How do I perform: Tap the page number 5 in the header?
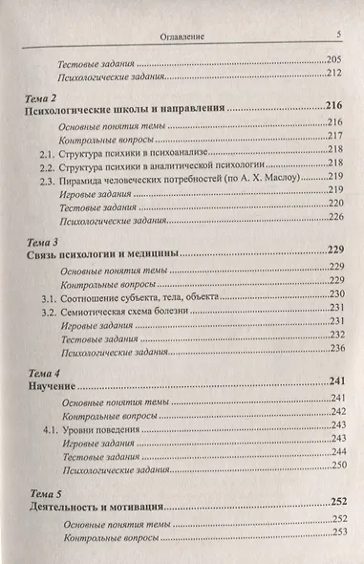[339, 36]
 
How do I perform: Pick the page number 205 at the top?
[335, 61]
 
